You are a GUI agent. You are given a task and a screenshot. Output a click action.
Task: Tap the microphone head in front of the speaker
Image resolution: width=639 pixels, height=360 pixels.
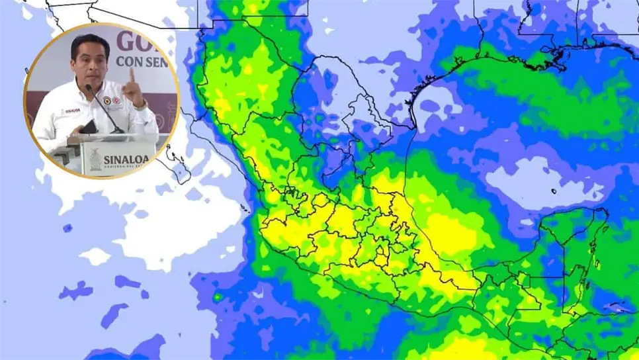[x=88, y=87]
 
